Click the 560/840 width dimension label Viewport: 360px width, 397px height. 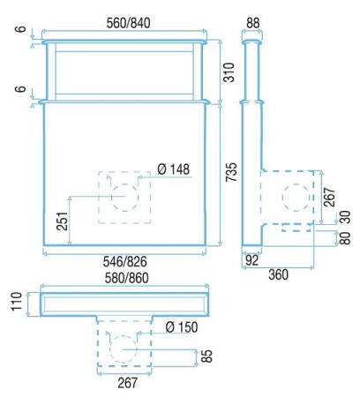pyautogui.click(x=128, y=23)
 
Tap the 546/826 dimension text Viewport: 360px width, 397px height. pyautogui.click(x=124, y=261)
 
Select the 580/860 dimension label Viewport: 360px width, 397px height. pyautogui.click(x=127, y=278)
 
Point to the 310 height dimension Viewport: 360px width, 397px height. pyautogui.click(x=229, y=72)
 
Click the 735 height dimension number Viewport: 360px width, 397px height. pyautogui.click(x=231, y=172)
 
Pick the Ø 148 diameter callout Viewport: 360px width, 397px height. pyautogui.click(x=174, y=169)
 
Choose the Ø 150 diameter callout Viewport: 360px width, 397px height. pyautogui.click(x=182, y=327)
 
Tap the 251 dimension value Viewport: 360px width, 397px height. pyautogui.click(x=63, y=221)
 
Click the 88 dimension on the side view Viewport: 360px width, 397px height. pyautogui.click(x=252, y=23)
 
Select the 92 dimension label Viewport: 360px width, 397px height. pyautogui.click(x=251, y=260)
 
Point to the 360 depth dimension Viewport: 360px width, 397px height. pyautogui.click(x=278, y=274)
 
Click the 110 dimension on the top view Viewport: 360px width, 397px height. pyautogui.click(x=17, y=301)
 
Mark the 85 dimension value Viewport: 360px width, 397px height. pyautogui.click(x=206, y=356)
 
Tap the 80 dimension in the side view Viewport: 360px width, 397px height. pyautogui.click(x=345, y=238)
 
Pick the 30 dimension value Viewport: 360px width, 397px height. pyautogui.click(x=346, y=217)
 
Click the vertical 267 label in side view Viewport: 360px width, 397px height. pyautogui.click(x=330, y=197)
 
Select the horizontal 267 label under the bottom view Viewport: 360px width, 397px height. pyautogui.click(x=128, y=383)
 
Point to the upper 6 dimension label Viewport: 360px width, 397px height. pyautogui.click(x=21, y=29)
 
